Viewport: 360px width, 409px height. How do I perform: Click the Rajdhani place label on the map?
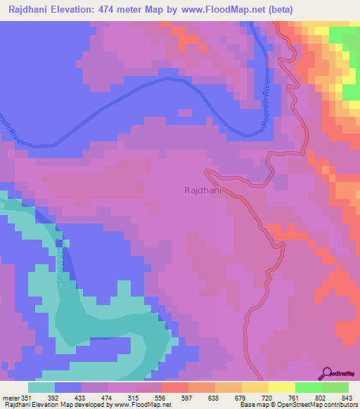coord(205,190)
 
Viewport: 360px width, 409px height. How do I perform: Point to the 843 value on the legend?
coord(340,397)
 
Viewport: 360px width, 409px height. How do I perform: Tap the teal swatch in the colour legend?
coord(41,387)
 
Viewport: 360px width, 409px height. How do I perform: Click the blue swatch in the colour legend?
coord(68,387)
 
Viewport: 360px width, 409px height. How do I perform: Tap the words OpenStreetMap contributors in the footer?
coord(321,405)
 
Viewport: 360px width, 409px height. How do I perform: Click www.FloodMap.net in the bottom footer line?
coord(141,405)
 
